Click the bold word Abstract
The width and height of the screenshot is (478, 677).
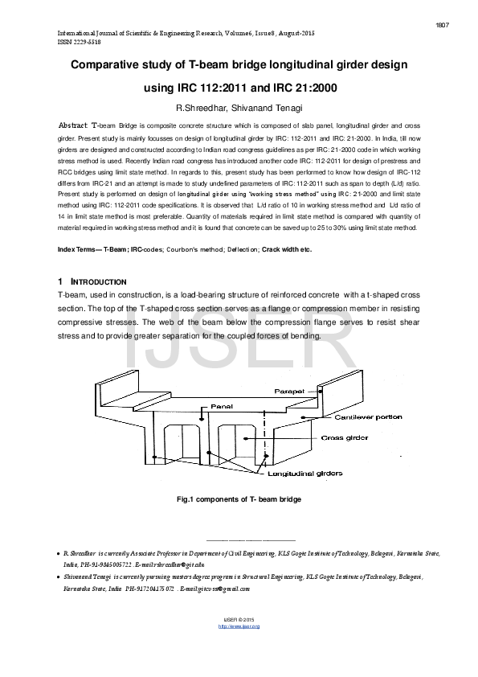tap(75, 127)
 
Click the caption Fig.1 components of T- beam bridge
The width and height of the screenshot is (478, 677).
tap(239, 499)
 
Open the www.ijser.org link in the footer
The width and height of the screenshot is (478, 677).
tap(239, 626)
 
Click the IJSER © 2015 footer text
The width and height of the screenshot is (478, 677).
tap(239, 619)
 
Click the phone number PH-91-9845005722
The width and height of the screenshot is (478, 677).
tap(105, 565)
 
